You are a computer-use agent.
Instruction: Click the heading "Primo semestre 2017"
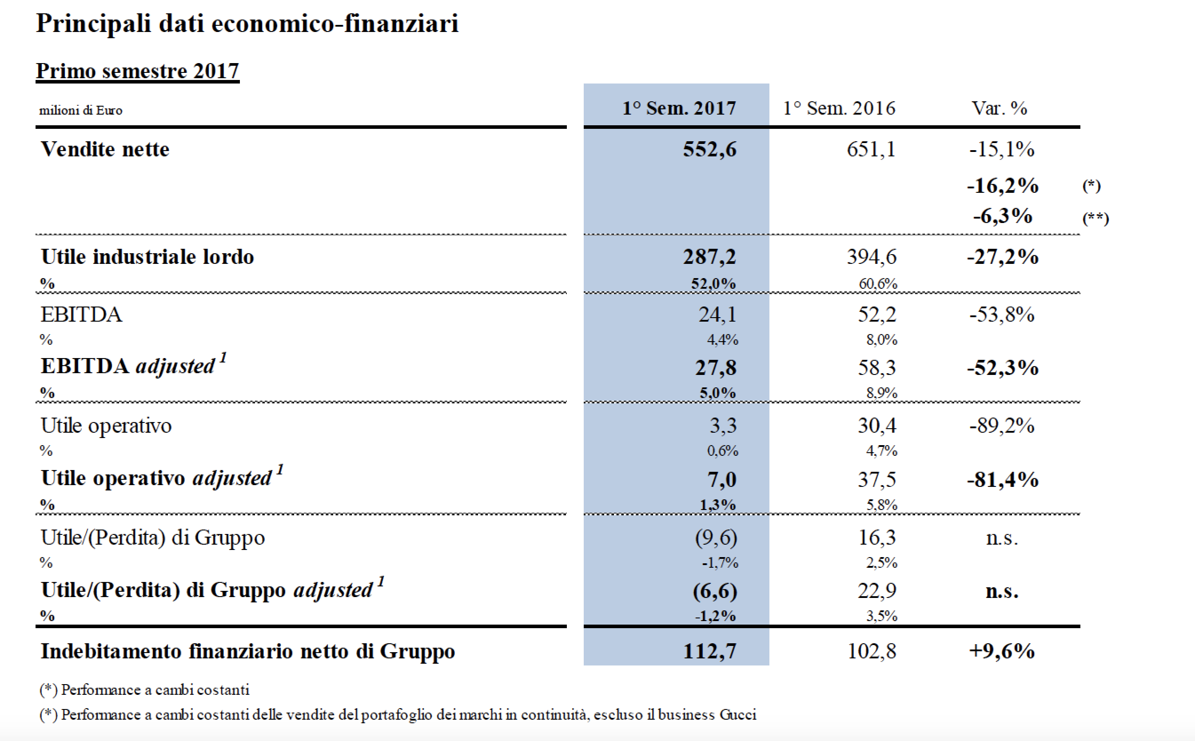tap(138, 71)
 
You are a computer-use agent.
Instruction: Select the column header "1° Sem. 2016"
tap(839, 108)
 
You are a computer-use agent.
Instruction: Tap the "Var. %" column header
tap(999, 108)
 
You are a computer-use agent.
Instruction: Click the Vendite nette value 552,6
tap(709, 149)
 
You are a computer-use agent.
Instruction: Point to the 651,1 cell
tap(871, 149)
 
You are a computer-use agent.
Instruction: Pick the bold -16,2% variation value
tap(1003, 186)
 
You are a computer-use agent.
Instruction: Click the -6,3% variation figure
tap(1003, 216)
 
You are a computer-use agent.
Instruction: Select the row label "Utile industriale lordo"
tap(147, 257)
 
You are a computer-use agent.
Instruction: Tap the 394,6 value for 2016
tap(872, 257)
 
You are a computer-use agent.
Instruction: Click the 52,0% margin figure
tap(713, 283)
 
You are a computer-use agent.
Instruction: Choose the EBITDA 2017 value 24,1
tap(717, 315)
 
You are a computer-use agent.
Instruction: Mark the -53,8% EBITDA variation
tap(1002, 315)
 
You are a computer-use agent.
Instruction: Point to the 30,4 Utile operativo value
tap(877, 426)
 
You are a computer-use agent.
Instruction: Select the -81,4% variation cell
tap(1003, 480)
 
